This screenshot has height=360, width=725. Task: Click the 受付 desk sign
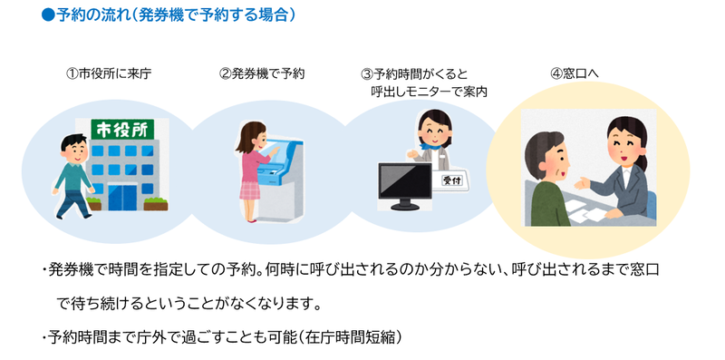tap(450, 180)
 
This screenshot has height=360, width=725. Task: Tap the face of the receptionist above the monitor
tap(432, 131)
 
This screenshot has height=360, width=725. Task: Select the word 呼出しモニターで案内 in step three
tap(430, 91)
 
